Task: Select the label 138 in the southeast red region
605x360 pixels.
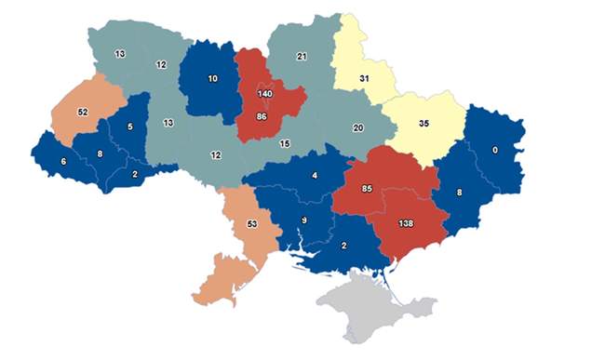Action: (407, 224)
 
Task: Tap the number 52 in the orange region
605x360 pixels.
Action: (82, 112)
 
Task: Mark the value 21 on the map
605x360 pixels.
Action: (301, 58)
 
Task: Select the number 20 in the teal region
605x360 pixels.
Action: (357, 128)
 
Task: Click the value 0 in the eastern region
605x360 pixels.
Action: (495, 151)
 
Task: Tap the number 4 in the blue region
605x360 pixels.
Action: (316, 176)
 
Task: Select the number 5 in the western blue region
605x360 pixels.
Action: (129, 127)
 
